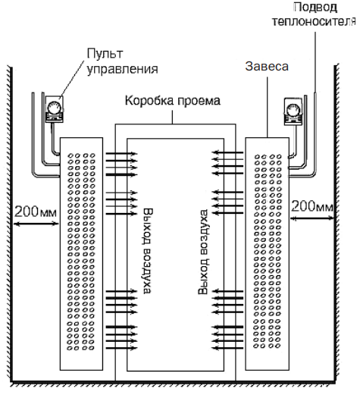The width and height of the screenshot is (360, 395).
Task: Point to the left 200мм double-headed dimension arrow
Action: pos(33,221)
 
